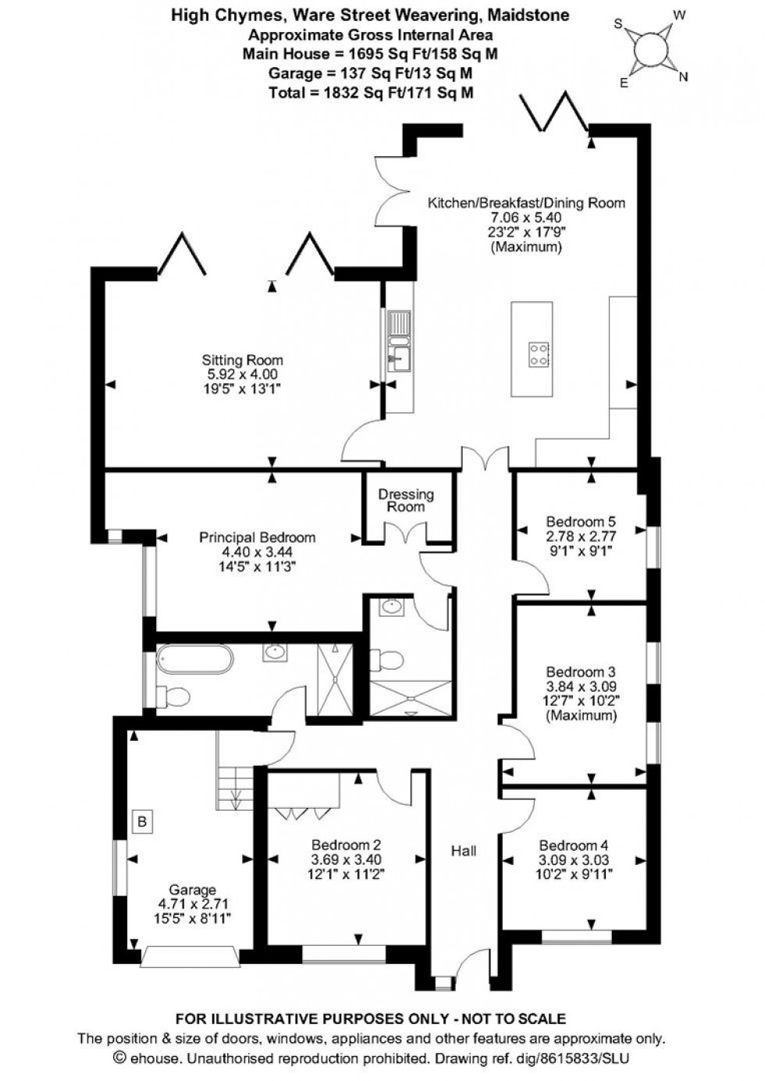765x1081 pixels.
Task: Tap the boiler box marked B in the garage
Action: coord(142,822)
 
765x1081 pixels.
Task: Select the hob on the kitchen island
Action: coord(539,354)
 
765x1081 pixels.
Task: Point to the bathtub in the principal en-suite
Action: coord(194,660)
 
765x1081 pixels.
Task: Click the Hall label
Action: coord(464,851)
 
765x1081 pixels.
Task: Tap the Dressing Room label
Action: coord(406,500)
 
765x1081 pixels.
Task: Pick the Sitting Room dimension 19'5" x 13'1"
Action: coord(242,388)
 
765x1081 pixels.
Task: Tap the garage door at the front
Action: coord(190,956)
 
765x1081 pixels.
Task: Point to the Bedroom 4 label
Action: coord(574,845)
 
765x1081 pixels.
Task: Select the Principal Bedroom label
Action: coord(257,537)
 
